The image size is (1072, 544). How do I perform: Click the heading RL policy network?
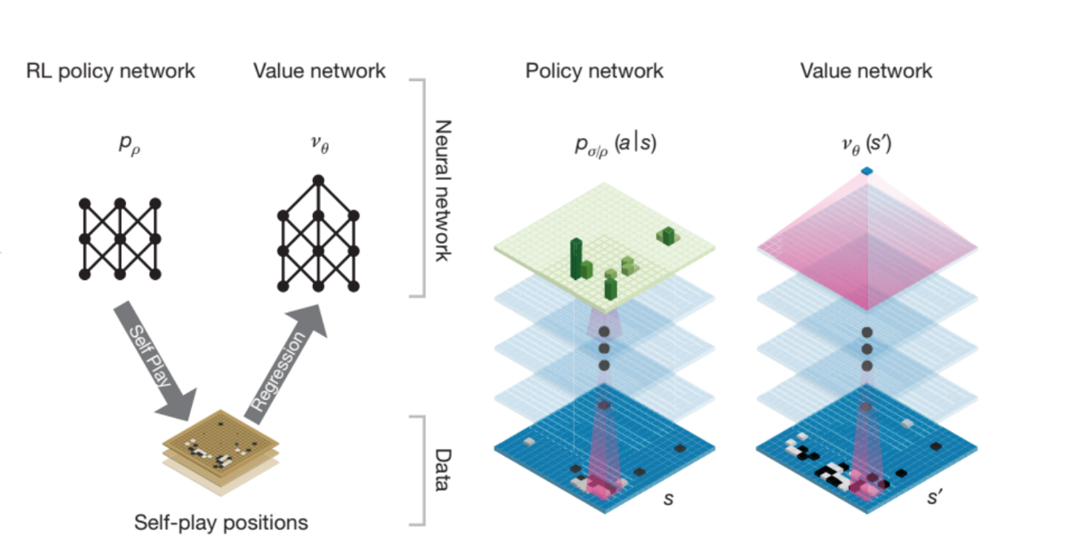110,71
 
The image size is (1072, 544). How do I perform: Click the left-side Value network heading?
319,71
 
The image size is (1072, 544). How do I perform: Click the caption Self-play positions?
221,523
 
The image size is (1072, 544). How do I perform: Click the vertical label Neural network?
443,190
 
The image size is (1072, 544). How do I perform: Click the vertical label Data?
443,469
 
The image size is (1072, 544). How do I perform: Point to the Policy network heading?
594,71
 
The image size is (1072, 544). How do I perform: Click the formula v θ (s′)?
865,145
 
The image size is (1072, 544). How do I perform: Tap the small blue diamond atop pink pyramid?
866,171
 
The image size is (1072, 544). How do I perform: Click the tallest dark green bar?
576,257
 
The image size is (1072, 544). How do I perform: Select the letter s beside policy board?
669,500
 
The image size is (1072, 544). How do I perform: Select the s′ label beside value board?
934,500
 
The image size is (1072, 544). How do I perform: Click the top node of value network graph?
319,180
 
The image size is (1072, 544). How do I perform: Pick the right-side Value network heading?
866,71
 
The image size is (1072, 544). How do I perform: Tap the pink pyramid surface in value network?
866,246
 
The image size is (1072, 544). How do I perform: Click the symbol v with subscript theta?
319,145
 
